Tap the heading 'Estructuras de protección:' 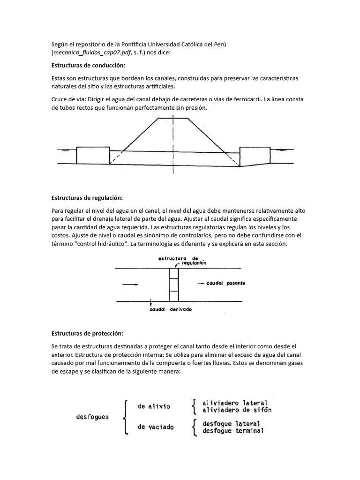87,333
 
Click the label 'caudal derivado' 171,310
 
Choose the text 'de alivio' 154,406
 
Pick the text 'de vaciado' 155,427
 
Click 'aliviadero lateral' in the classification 234,403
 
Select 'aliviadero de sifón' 236,410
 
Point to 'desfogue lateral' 232,424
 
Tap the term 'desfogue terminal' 233,431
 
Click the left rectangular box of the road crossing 93,155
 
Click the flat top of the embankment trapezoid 173,119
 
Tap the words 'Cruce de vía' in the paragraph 68,100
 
